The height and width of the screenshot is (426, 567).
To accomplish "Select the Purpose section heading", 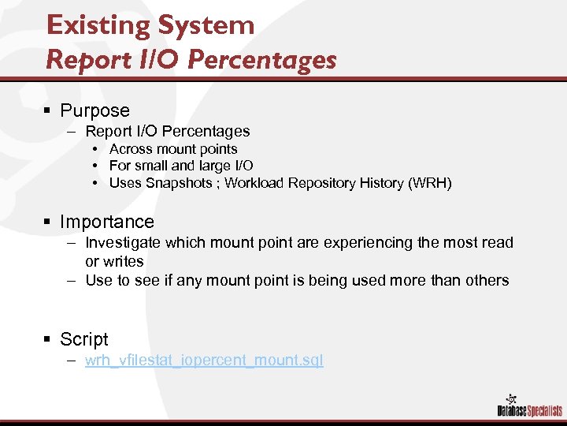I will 94,110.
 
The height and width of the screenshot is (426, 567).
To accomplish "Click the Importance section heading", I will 107,222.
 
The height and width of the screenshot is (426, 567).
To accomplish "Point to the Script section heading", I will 84,339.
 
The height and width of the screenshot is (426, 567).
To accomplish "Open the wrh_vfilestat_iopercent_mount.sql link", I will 204,361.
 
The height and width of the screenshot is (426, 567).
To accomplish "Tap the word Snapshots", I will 178,183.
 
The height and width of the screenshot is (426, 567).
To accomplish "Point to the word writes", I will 123,261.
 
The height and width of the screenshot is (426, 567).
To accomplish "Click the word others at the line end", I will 488,280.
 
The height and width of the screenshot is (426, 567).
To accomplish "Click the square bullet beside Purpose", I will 48,111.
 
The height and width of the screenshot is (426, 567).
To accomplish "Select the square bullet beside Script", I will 48,340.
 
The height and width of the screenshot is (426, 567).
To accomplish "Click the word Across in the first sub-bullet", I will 131,149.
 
